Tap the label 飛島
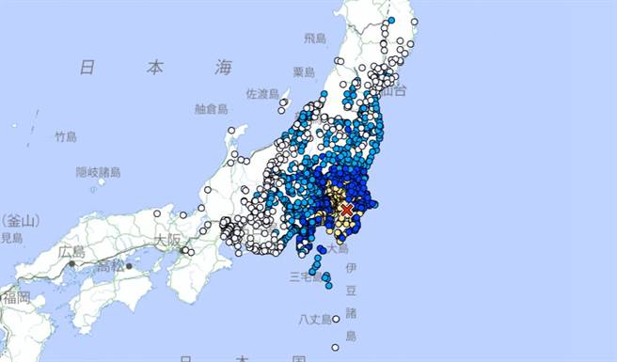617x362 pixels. (314, 38)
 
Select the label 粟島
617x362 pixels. (303, 71)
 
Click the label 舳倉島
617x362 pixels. (212, 108)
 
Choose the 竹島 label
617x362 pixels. (65, 136)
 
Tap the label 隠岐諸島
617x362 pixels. (95, 172)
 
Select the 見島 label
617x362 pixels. (11, 239)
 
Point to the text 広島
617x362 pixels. (71, 252)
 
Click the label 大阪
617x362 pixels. (168, 240)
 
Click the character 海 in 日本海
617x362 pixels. (223, 66)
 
